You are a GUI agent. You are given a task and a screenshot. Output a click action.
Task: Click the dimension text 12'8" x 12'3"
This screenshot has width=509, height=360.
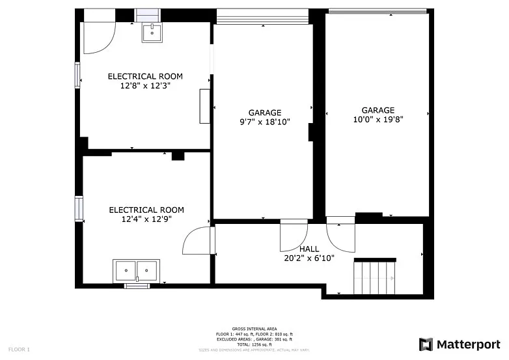click(145, 85)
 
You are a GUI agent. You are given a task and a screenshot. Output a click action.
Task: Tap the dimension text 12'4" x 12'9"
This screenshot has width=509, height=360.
click(146, 219)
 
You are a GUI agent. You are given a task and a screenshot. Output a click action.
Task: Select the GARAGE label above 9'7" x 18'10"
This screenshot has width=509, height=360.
click(264, 113)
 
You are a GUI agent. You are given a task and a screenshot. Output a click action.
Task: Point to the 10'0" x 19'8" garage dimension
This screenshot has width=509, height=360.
click(378, 120)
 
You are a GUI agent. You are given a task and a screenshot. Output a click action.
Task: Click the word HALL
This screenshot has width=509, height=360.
click(309, 249)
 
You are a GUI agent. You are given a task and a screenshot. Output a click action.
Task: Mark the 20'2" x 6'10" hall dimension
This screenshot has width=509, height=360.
click(309, 258)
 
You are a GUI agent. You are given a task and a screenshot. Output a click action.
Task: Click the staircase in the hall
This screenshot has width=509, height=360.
click(374, 277)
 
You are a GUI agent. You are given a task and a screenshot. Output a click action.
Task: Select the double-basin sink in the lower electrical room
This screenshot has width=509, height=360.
click(136, 270)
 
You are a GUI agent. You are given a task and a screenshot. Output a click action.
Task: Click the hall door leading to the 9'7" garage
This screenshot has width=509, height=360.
click(293, 236)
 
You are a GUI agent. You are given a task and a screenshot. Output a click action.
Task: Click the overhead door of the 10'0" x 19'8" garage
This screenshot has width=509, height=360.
click(378, 11)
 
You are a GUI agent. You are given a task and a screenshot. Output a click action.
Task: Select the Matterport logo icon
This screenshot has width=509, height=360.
click(426, 344)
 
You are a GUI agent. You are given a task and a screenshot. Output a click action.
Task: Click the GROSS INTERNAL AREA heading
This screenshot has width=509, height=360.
click(255, 329)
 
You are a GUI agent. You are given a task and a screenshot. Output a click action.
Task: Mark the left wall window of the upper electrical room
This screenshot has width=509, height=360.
click(77, 75)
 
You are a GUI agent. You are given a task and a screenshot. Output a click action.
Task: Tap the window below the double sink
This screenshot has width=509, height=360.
click(137, 286)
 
